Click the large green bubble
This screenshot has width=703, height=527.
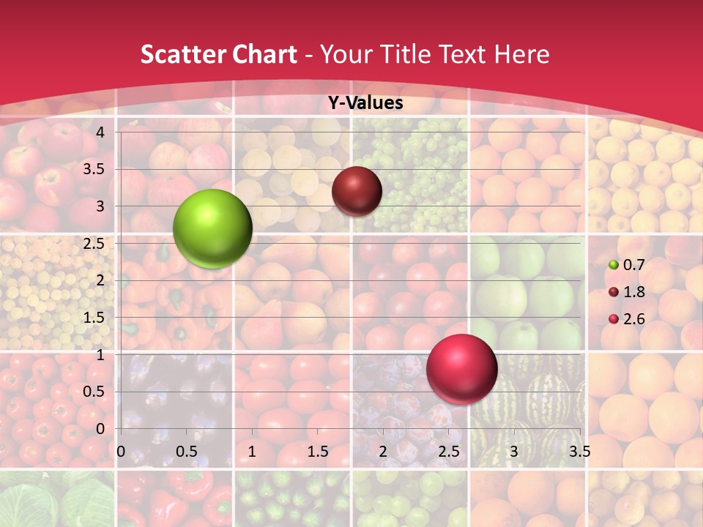(x=212, y=228)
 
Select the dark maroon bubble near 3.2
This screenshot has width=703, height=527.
(x=357, y=191)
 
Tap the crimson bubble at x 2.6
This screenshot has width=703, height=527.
(x=461, y=369)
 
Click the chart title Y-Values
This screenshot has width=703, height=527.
(x=365, y=103)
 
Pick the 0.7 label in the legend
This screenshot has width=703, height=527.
(x=634, y=265)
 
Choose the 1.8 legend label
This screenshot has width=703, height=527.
(x=634, y=292)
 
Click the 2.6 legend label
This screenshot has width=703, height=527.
(x=634, y=319)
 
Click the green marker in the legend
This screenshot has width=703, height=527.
(x=614, y=265)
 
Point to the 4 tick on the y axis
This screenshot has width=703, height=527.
(x=101, y=132)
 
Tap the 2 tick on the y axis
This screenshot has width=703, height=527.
(x=101, y=280)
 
